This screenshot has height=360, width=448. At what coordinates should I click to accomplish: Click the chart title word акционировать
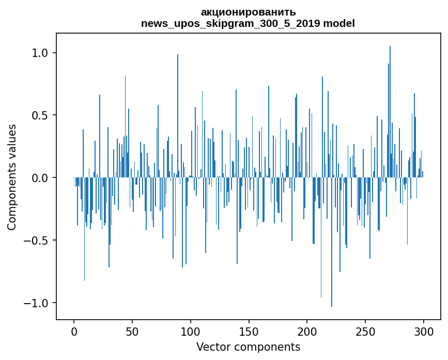pos(248,12)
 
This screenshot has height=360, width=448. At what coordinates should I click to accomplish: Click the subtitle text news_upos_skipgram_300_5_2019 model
pos(248,23)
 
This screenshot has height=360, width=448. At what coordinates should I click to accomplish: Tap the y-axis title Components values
pos(12,177)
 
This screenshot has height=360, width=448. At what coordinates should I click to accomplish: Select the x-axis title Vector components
pos(248,347)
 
